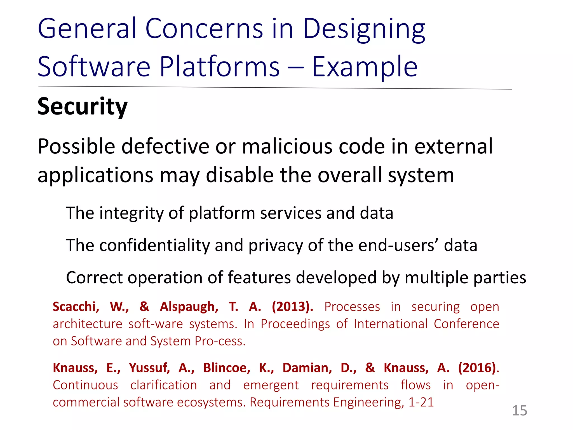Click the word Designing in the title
(364, 29)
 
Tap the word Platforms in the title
(220, 67)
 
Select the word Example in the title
(365, 67)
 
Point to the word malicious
(287, 147)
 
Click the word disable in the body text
(239, 175)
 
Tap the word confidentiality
(154, 246)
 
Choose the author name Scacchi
(76, 307)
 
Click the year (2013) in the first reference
(292, 307)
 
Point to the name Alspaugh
(189, 307)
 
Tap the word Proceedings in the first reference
(295, 324)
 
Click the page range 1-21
(421, 402)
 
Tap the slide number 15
(519, 411)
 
